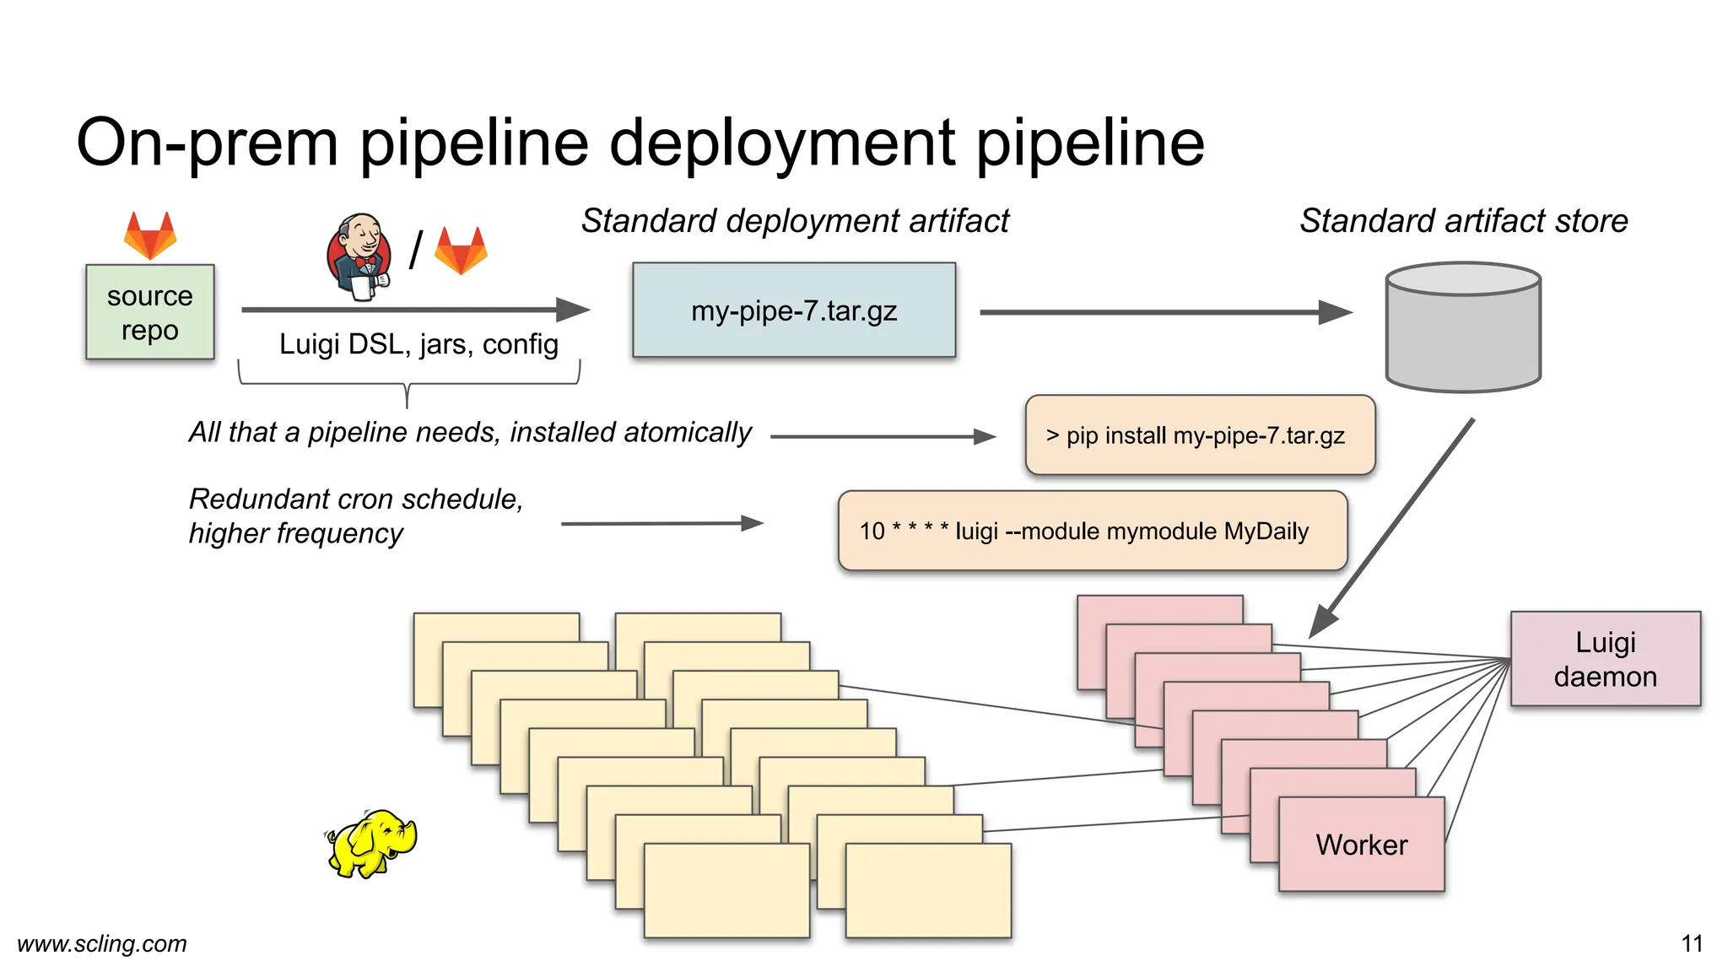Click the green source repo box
tap(150, 312)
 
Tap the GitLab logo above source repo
tap(150, 235)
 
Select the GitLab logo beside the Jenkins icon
tap(461, 251)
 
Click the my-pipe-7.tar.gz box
tap(794, 310)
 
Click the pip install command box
tap(1200, 435)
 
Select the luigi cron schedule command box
tap(1092, 531)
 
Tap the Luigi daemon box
tap(1605, 659)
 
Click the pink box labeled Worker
tap(1361, 845)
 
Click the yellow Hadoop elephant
tap(372, 843)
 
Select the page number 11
tap(1692, 943)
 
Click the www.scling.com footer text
tap(102, 943)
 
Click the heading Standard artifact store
tap(1463, 221)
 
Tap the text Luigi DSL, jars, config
tap(418, 344)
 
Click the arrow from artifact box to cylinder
tap(1164, 312)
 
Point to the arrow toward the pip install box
tap(882, 437)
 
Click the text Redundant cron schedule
tap(355, 499)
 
